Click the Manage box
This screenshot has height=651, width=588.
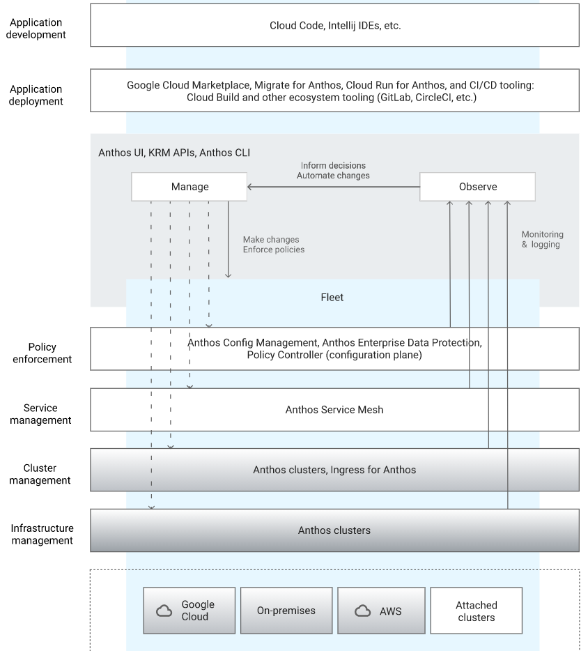[x=189, y=187]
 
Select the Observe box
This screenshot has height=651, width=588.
[x=477, y=187]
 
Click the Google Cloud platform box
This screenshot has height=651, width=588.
[x=189, y=611]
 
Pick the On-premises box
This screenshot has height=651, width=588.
[x=286, y=611]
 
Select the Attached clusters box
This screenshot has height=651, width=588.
[x=477, y=611]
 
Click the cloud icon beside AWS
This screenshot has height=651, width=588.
[x=362, y=611]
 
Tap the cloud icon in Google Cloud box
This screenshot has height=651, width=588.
[x=164, y=611]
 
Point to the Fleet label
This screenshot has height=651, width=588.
[x=332, y=298]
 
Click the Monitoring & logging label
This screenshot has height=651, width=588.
[x=542, y=240]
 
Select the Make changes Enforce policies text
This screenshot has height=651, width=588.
[x=273, y=244]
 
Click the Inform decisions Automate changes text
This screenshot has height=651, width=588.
[x=333, y=171]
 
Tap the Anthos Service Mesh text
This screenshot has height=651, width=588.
[x=334, y=410]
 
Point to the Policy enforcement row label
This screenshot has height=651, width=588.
[x=42, y=353]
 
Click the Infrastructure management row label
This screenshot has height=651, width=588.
[x=42, y=535]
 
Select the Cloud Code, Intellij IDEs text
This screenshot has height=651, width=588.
[x=335, y=26]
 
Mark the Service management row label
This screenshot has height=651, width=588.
[x=42, y=414]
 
